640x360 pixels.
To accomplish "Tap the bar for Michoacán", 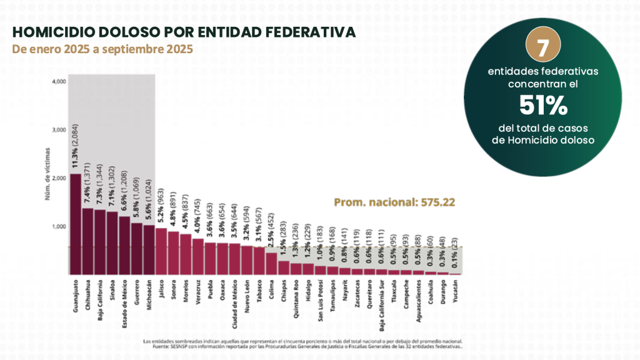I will [x=149, y=249].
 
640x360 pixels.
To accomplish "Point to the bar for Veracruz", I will [x=197, y=256].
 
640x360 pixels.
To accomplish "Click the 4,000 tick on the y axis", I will [x=59, y=82].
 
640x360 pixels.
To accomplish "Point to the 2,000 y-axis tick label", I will [x=59, y=178].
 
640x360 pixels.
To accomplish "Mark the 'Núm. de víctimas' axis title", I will [x=47, y=178].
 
